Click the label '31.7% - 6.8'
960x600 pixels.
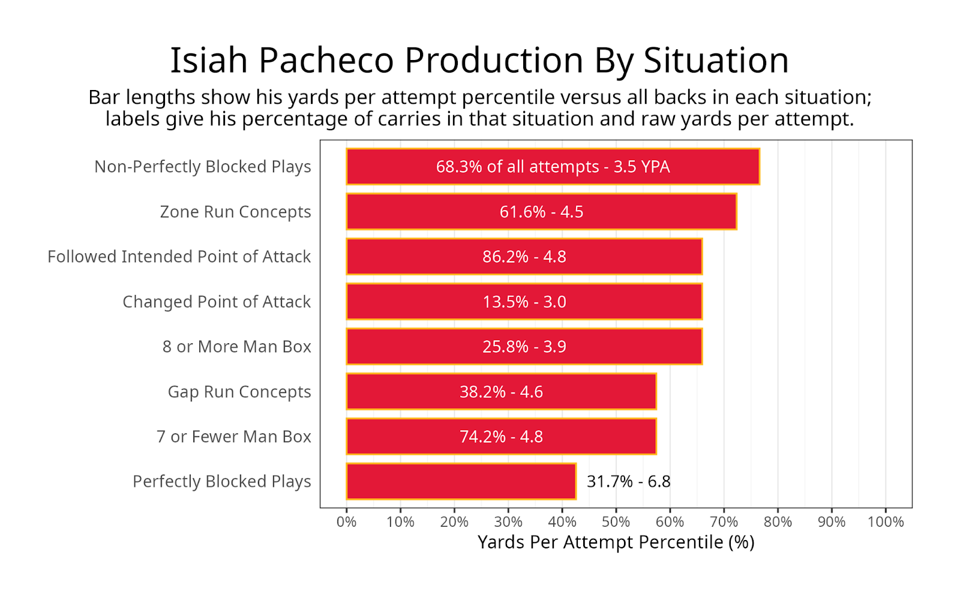[x=628, y=481]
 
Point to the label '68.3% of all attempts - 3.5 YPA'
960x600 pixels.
[x=553, y=167]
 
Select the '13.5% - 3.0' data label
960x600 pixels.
[x=524, y=302]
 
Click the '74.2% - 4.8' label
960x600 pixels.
[x=501, y=437]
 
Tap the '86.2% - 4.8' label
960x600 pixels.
[x=524, y=257]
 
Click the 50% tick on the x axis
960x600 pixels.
[x=616, y=522]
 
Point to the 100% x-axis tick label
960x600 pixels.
[x=886, y=522]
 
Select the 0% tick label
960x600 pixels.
[x=346, y=522]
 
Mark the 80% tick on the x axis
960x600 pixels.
[x=778, y=522]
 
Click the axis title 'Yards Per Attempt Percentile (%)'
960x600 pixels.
[x=616, y=542]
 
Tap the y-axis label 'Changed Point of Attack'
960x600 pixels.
[x=217, y=302]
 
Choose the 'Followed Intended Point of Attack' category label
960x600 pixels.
[x=179, y=257]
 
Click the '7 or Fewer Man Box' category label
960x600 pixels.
[x=233, y=437]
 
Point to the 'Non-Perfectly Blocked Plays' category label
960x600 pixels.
[x=202, y=167]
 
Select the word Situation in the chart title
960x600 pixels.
[x=716, y=61]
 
